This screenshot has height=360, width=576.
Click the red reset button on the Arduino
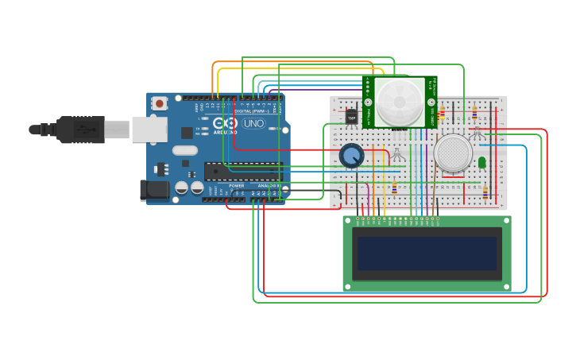(x=160, y=103)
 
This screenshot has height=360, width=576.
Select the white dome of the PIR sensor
(x=400, y=103)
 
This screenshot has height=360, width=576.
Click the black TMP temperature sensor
(x=351, y=117)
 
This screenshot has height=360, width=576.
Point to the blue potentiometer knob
(x=351, y=156)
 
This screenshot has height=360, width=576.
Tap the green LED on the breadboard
(x=481, y=162)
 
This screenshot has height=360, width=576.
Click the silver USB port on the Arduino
(x=149, y=129)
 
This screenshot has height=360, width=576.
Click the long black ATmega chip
(x=242, y=171)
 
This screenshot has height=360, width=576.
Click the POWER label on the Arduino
(x=237, y=185)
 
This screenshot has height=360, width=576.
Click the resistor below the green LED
(x=485, y=192)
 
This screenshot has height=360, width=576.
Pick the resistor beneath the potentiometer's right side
(x=394, y=188)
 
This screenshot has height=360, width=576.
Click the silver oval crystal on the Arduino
(x=184, y=150)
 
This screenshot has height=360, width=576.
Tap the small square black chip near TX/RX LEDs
(x=187, y=133)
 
